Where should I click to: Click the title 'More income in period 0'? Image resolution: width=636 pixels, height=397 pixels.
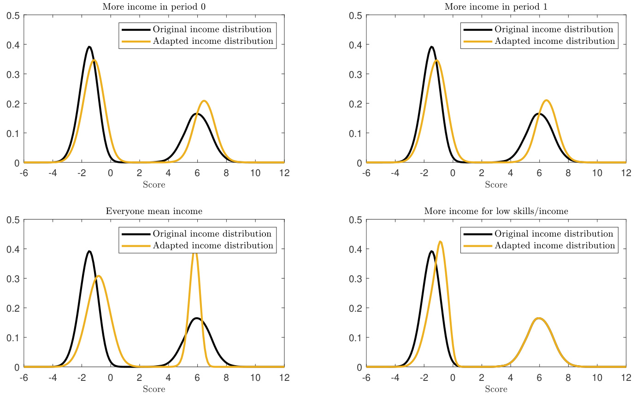(x=154, y=7)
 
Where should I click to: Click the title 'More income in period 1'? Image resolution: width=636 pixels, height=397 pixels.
(x=496, y=7)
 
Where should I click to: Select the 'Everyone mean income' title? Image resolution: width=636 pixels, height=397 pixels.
(x=154, y=211)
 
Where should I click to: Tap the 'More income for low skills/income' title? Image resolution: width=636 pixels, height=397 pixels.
(x=496, y=211)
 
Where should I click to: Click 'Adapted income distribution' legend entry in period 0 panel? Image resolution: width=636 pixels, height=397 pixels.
(x=213, y=41)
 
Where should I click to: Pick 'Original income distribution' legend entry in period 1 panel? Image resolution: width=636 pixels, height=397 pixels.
(x=554, y=30)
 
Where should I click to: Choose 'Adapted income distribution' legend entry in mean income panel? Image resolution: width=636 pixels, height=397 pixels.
(x=213, y=245)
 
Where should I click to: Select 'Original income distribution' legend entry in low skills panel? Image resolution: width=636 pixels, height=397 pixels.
(x=554, y=234)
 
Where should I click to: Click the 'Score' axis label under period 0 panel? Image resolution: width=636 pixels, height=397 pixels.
(x=154, y=185)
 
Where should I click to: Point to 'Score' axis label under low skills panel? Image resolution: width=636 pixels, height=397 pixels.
(x=496, y=389)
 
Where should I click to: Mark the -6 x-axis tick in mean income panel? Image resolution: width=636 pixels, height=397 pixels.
(x=24, y=377)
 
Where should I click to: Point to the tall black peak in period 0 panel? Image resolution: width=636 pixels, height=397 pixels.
(x=89, y=47)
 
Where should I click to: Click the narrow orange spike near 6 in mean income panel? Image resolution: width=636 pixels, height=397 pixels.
(x=195, y=254)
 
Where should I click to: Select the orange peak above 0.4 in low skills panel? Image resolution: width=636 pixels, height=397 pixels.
(x=441, y=242)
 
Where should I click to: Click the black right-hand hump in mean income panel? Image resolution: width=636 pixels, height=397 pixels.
(x=197, y=318)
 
